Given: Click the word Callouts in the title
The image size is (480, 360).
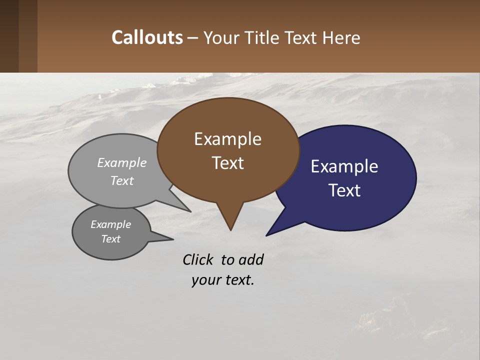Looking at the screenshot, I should click(147, 37).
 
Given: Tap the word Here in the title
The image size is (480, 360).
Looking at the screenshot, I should click(341, 37).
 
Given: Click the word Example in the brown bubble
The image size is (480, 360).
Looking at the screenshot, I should click(227, 139).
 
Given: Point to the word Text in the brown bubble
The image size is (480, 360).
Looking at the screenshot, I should click(227, 163).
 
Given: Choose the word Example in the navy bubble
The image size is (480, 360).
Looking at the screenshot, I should click(344, 166).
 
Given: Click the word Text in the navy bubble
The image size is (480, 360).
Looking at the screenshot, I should click(344, 190).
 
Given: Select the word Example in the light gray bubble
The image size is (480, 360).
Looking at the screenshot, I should click(122, 163).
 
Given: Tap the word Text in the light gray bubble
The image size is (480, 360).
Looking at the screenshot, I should click(122, 180).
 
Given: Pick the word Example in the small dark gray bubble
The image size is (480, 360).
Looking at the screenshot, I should click(110, 224).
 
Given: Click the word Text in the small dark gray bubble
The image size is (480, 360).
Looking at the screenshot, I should click(110, 239).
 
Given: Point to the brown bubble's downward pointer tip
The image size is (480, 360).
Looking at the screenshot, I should click(230, 230).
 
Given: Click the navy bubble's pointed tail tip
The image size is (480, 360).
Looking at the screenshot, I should click(266, 235).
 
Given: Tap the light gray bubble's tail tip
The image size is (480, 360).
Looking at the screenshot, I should click(190, 211).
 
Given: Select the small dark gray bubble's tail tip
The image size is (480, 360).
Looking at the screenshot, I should click(173, 239).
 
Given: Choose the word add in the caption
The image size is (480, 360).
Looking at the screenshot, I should click(251, 259).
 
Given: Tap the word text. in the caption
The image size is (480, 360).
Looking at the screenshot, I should click(237, 280).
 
